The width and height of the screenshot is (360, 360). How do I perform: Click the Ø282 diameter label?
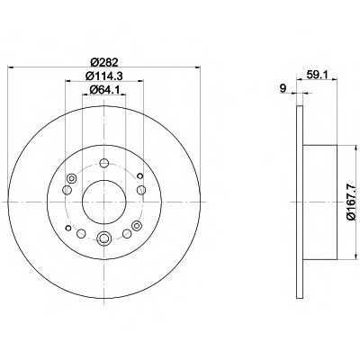103,62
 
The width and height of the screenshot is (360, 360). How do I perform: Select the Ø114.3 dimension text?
104,76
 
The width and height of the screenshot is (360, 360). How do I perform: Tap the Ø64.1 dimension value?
104,89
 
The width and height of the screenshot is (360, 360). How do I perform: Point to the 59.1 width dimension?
317,74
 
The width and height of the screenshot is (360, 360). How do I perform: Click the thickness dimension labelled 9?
282,88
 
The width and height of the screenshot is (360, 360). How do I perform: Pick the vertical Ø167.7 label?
351,202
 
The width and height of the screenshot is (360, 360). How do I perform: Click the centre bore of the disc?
103,202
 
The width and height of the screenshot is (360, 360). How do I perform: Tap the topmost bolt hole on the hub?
103,163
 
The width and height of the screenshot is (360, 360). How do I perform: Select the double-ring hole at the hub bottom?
103,238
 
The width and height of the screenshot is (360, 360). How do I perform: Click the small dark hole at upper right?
139,175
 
